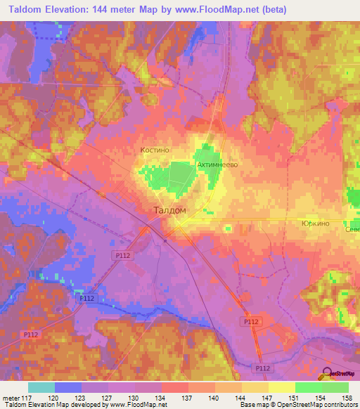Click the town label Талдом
pos(169,209)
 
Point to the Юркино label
pos(315,223)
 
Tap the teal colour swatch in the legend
pos(41,387)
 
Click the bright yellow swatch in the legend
pos(281,387)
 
